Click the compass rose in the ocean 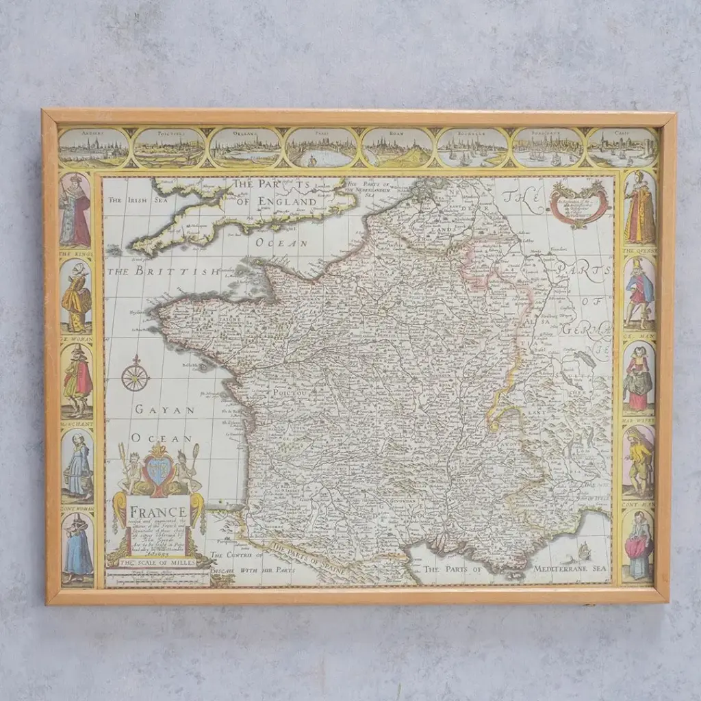pyautogui.click(x=136, y=376)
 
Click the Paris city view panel pyautogui.click(x=320, y=148)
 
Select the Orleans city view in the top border pyautogui.click(x=245, y=148)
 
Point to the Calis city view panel pyautogui.click(x=622, y=148)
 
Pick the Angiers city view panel pyautogui.click(x=93, y=148)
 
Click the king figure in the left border pyautogui.click(x=75, y=211)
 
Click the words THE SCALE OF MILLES pyautogui.click(x=157, y=562)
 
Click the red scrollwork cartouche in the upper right pyautogui.click(x=579, y=203)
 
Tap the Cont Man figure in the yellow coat pyautogui.click(x=639, y=461)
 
